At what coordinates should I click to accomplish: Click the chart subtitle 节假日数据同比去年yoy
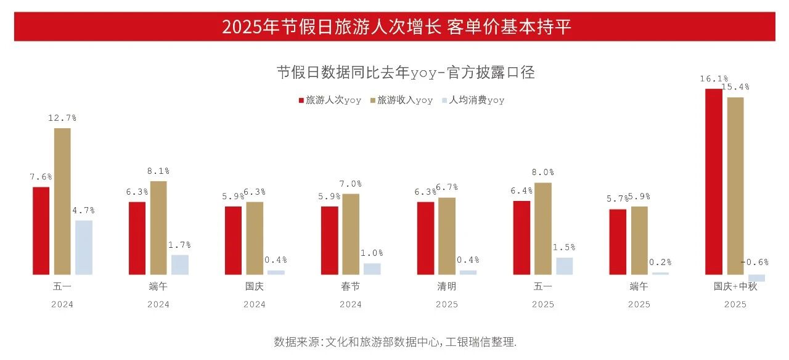pyautogui.click(x=406, y=73)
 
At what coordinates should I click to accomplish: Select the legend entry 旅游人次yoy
pyautogui.click(x=330, y=100)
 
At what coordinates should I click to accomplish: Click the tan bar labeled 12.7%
pyautogui.click(x=62, y=201)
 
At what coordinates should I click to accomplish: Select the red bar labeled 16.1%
pyautogui.click(x=714, y=181)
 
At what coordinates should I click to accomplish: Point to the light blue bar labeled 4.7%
pyautogui.click(x=84, y=247)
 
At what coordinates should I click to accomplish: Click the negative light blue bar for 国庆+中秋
pyautogui.click(x=756, y=278)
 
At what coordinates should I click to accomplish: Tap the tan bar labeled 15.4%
pyautogui.click(x=735, y=186)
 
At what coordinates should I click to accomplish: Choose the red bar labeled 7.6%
pyautogui.click(x=41, y=231)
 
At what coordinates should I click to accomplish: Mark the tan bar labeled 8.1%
pyautogui.click(x=158, y=227)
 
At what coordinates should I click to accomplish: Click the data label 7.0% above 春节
pyautogui.click(x=351, y=184)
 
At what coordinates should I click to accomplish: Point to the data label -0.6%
pyautogui.click(x=755, y=262)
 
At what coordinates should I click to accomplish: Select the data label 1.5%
pyautogui.click(x=564, y=247)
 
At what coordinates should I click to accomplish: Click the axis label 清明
pyautogui.click(x=447, y=287)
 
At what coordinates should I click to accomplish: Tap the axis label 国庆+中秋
pyautogui.click(x=735, y=287)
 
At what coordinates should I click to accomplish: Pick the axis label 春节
pyautogui.click(x=351, y=287)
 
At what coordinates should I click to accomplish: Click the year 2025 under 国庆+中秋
pyautogui.click(x=735, y=305)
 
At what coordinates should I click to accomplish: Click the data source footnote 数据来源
pyautogui.click(x=395, y=342)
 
